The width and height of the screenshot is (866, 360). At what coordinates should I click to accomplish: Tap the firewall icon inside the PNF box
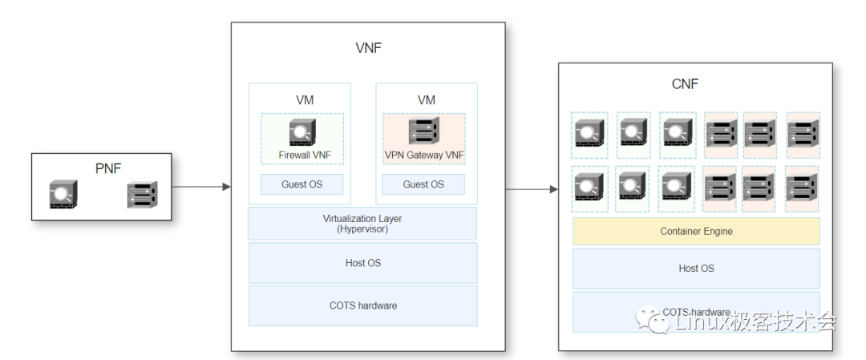(63, 195)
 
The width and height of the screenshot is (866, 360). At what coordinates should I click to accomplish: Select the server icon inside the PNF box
(142, 195)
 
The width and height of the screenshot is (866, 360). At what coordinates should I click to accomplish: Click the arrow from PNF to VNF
(201, 187)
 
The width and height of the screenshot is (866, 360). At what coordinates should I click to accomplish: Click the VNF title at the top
(368, 48)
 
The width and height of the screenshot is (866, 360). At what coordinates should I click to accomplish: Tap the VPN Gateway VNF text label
(424, 155)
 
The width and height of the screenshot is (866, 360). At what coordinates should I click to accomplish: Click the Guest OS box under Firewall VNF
(301, 184)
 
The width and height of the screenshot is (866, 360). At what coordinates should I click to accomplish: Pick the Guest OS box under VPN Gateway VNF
(423, 184)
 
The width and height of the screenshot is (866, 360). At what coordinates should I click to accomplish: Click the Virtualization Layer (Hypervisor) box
(362, 223)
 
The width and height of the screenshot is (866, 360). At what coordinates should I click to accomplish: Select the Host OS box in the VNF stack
(362, 263)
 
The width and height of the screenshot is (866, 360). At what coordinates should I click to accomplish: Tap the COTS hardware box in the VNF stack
(362, 305)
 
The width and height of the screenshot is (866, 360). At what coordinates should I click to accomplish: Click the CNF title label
(686, 83)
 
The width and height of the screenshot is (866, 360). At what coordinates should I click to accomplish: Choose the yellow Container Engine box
(696, 232)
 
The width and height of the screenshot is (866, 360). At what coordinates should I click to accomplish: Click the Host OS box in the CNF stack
(696, 269)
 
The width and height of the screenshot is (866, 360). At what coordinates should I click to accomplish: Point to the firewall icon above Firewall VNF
(301, 131)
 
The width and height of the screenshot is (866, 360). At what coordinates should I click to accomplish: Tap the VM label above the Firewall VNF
(305, 100)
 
